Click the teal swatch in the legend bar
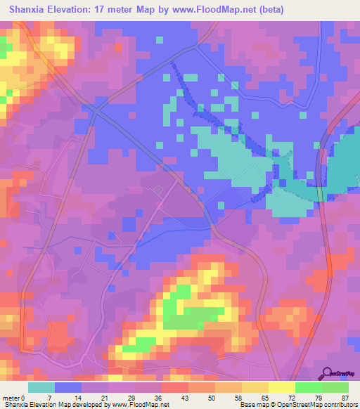(41, 387)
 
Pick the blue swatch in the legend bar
(68, 387)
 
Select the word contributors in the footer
(340, 405)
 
